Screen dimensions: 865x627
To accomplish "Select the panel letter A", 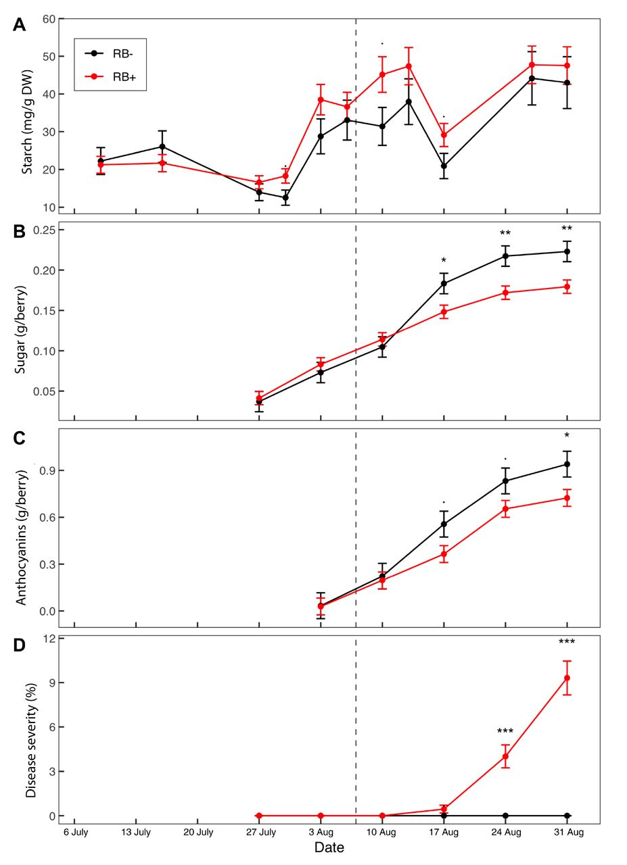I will click(20, 26).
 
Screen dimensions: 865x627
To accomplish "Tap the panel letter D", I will click(20, 645).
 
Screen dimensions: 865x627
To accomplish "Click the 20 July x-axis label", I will click(198, 833).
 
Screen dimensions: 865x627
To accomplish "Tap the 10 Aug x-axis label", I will click(383, 833).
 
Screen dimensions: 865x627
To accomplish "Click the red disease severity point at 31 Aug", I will click(567, 678).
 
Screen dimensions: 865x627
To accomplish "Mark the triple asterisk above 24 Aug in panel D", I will click(505, 732).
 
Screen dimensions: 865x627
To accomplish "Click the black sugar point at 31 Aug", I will click(567, 251).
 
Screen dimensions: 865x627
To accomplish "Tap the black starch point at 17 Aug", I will click(444, 166).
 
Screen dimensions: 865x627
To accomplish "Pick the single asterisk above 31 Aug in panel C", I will click(567, 436).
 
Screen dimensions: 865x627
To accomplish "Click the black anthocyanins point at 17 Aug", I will click(444, 524).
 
